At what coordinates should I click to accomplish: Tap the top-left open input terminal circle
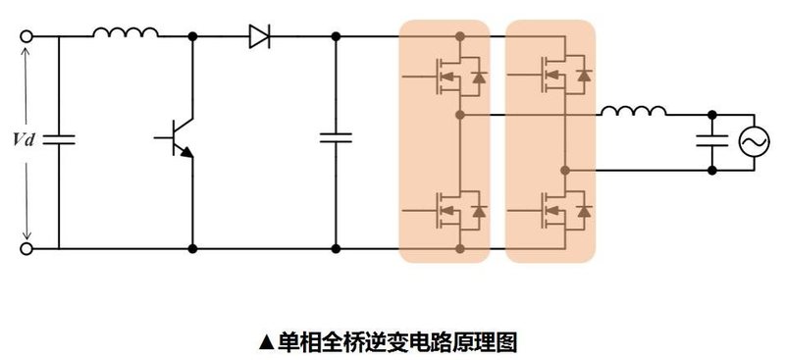pos(26,37)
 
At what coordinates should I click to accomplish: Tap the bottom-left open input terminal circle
pos(26,249)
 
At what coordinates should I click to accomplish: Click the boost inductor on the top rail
pos(126,33)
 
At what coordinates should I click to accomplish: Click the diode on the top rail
pos(260,37)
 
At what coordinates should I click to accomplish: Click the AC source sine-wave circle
pos(755,142)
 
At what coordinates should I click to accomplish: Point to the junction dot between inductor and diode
pos(193,37)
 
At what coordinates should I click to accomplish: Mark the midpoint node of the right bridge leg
pos(566,170)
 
